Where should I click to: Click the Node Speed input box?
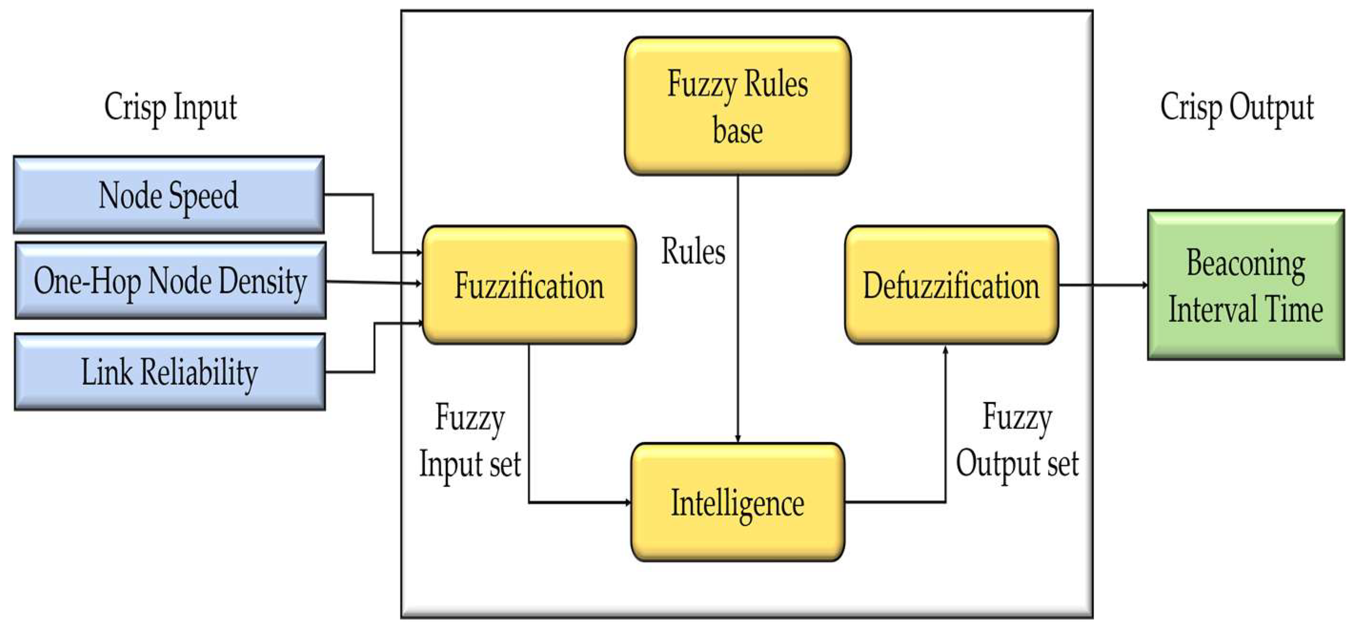tap(169, 195)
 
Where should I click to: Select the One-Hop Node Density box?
tap(170, 280)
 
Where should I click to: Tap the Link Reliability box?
tap(169, 372)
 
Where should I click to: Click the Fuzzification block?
tap(529, 285)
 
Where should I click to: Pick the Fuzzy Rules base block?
tap(738, 106)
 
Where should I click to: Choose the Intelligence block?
tap(738, 502)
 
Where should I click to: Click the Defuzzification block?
tap(952, 285)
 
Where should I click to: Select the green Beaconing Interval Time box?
tap(1246, 285)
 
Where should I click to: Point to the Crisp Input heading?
tap(170, 107)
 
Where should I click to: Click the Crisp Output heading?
tap(1237, 107)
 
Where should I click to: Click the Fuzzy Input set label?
tap(470, 441)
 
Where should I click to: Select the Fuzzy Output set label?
tap(1017, 441)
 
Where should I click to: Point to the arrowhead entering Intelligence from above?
tap(738, 438)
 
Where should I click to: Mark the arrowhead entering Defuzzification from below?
tap(946, 350)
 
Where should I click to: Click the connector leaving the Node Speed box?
tap(373, 221)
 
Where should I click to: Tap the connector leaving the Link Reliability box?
tap(374, 348)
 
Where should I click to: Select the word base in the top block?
tap(738, 130)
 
